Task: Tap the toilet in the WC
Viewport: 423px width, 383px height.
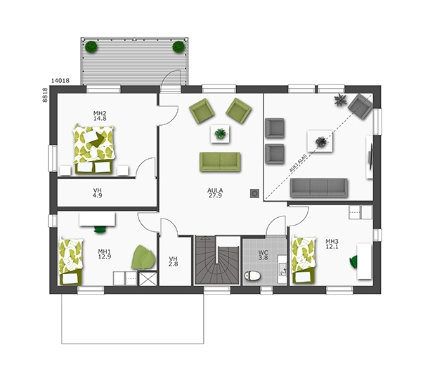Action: (252, 275)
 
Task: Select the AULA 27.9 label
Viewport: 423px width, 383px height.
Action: (215, 193)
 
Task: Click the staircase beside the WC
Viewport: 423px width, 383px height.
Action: (217, 260)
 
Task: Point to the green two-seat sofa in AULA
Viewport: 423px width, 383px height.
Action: (220, 162)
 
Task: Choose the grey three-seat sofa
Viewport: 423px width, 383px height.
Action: (319, 188)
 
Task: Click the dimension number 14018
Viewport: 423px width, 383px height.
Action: (60, 81)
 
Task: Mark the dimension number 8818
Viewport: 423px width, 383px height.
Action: (45, 95)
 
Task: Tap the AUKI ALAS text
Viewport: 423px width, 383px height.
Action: (298, 163)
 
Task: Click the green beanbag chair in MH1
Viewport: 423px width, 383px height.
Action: (143, 258)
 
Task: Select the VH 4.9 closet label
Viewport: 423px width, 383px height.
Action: (98, 193)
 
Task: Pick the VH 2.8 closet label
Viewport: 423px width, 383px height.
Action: (173, 261)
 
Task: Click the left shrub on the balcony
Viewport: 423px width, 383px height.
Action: (91, 47)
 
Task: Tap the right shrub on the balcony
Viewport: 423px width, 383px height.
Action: (178, 47)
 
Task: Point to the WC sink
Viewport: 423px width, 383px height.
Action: (282, 269)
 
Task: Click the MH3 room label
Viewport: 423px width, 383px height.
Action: (332, 244)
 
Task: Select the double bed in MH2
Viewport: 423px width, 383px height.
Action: (93, 149)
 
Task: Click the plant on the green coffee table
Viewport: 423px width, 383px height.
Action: (221, 134)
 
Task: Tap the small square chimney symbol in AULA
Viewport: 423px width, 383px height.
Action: (254, 193)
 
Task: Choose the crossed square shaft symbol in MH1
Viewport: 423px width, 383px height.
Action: (148, 279)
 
